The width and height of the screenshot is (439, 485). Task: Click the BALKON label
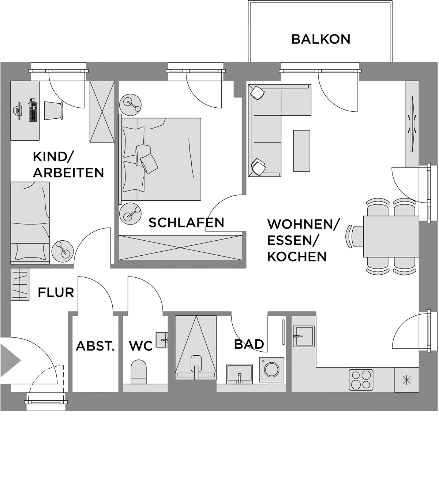(321, 40)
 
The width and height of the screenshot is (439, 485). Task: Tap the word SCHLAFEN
(187, 223)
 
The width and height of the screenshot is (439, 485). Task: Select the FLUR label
(56, 293)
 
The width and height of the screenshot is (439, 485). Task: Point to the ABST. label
(95, 346)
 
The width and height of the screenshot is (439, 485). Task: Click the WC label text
(141, 346)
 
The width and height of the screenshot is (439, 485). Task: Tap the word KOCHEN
(297, 257)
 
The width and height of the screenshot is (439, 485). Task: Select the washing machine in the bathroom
(272, 370)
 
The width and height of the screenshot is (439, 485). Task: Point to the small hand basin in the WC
(162, 340)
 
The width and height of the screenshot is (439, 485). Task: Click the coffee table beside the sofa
(301, 151)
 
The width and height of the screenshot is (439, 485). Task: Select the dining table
(391, 236)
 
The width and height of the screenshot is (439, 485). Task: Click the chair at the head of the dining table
(355, 236)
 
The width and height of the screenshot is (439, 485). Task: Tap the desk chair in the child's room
(54, 111)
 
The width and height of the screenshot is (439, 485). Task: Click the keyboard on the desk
(33, 111)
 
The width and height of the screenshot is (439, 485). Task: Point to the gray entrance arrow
(10, 360)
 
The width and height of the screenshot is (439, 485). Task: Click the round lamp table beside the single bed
(63, 251)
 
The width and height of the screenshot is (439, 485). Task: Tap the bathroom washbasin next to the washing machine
(240, 374)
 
